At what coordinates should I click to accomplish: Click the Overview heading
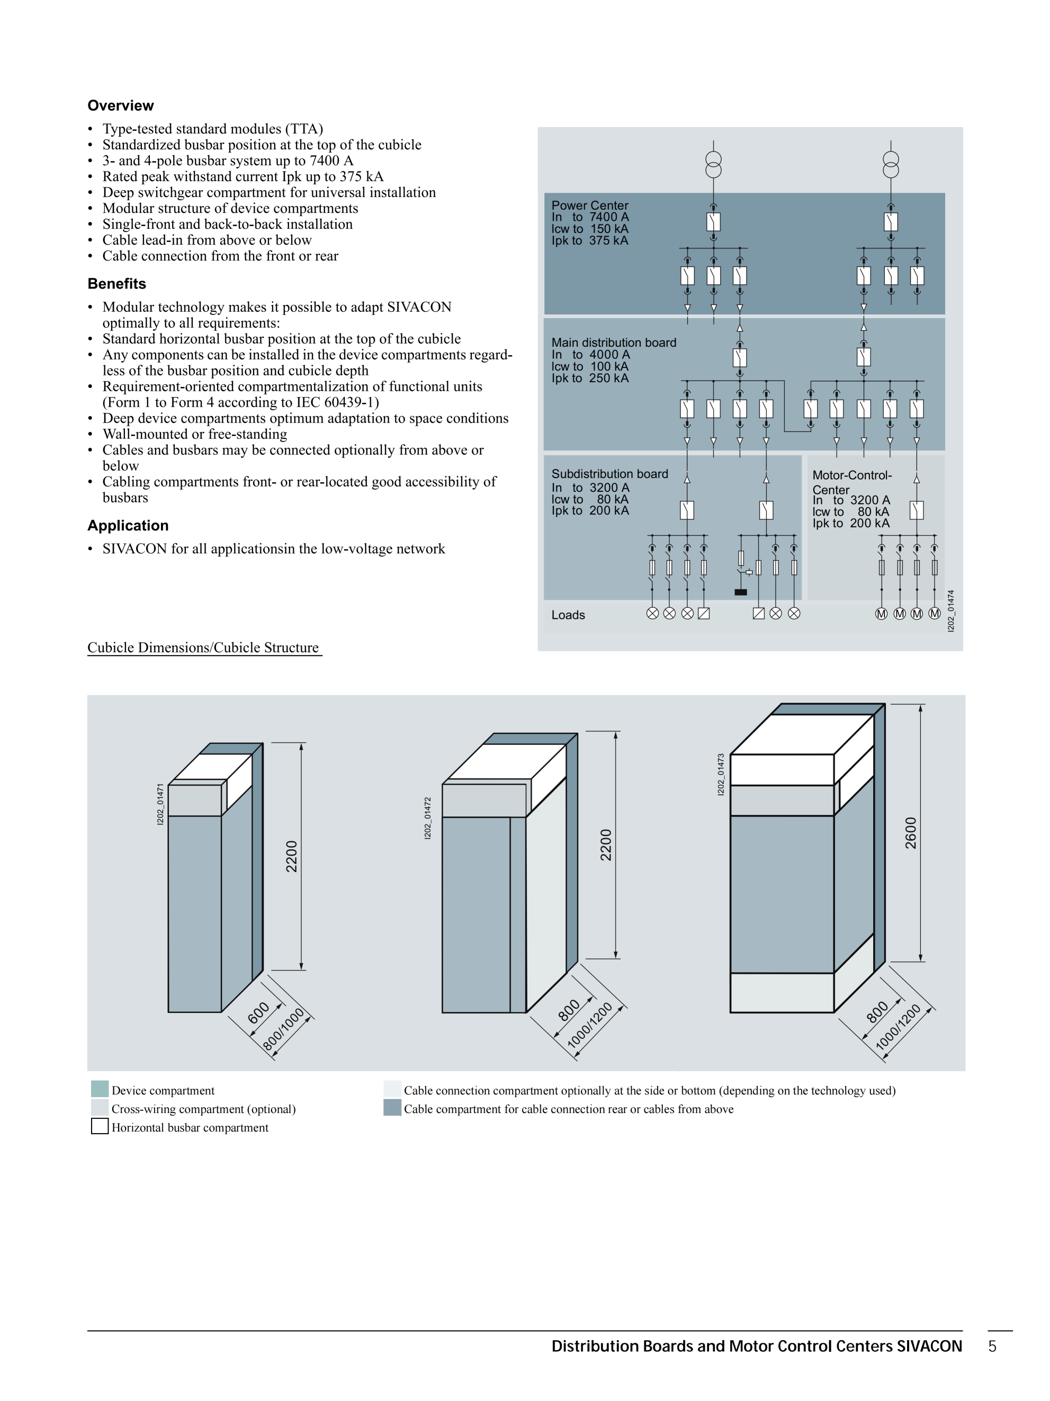coord(120,106)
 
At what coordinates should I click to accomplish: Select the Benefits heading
coord(116,284)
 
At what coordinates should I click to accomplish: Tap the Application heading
coord(128,526)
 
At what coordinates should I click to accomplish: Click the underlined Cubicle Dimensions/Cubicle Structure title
coord(203,648)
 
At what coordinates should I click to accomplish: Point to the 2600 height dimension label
coord(910,833)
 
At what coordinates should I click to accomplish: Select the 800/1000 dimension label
coord(284,1030)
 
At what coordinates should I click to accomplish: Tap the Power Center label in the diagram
coord(589,205)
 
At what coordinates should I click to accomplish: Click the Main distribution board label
coord(613,343)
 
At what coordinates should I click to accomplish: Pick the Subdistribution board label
coord(609,474)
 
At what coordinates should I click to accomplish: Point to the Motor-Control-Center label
coord(852,482)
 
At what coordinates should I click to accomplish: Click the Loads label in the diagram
coord(568,615)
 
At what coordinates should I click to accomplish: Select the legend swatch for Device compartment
coord(100,1089)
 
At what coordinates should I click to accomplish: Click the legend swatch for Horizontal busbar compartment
coord(100,1126)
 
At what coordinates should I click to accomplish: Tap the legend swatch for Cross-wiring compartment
coord(100,1107)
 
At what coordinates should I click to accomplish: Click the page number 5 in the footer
coord(992,1346)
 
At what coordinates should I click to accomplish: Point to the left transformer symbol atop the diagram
coord(713,165)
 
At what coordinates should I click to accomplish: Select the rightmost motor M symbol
coord(934,613)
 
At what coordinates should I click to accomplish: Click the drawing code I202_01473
coord(721,775)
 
